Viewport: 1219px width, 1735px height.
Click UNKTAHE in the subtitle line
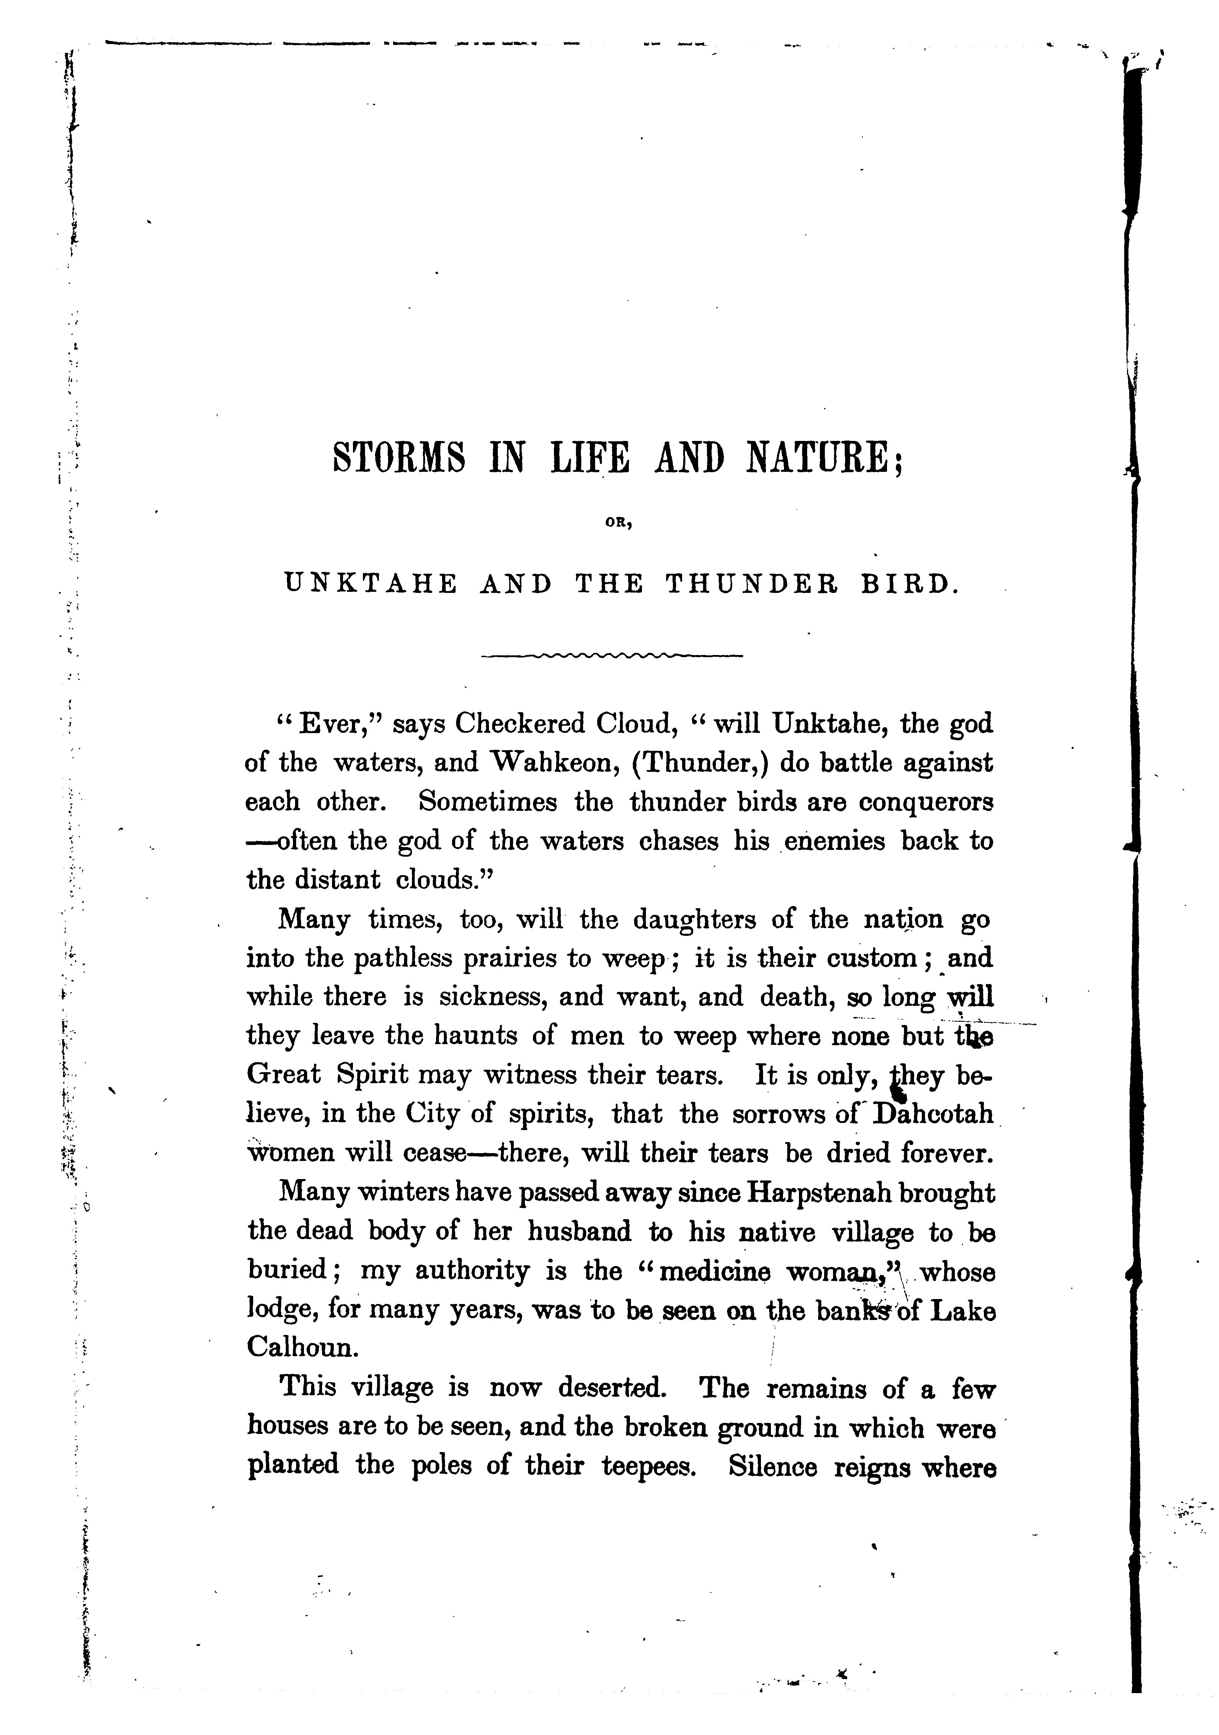tap(370, 584)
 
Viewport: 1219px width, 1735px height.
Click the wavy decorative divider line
tap(612, 654)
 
